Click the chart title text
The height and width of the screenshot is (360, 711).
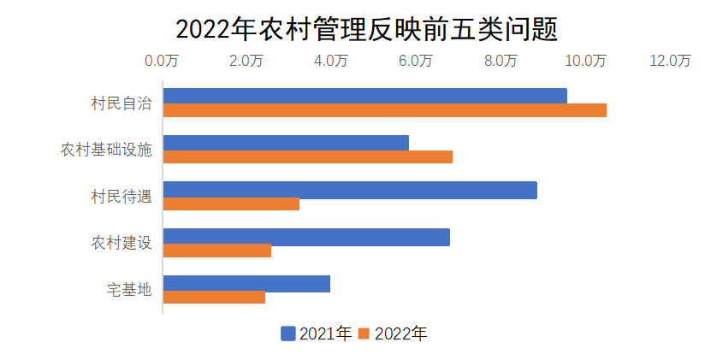tap(366, 28)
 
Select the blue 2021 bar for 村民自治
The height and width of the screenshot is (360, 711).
tap(364, 96)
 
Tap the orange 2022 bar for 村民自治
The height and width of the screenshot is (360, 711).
tap(384, 110)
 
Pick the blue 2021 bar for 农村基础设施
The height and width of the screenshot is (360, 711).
tap(286, 143)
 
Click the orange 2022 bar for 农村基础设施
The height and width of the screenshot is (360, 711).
tap(307, 157)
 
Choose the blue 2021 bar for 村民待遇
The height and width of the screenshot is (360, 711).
tap(350, 190)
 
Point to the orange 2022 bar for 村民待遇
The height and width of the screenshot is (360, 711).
tap(231, 204)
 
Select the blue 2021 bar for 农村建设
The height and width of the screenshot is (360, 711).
tap(306, 237)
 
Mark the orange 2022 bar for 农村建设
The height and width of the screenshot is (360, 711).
tap(217, 251)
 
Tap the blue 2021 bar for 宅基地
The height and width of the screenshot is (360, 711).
tap(246, 283)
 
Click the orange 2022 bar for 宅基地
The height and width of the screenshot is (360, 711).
tap(214, 298)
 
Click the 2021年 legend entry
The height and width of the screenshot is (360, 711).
tap(317, 333)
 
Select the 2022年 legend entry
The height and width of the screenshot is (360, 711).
tap(393, 333)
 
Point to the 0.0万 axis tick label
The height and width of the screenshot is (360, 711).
tap(162, 61)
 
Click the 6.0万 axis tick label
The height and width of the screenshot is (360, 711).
tap(417, 61)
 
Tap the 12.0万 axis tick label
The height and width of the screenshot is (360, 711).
tap(670, 61)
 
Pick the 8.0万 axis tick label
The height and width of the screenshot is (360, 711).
tap(501, 61)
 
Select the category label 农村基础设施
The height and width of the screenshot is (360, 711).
tap(106, 150)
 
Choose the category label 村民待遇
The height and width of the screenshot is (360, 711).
tap(121, 197)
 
